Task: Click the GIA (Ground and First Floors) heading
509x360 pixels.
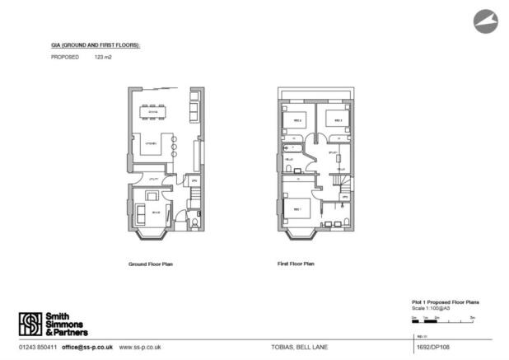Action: coord(96,44)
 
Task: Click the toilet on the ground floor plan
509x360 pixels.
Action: coord(194,222)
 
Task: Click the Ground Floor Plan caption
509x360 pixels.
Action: coord(151,264)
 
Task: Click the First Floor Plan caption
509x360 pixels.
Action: coord(297,264)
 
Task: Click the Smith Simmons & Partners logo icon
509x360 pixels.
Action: coord(30,322)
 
